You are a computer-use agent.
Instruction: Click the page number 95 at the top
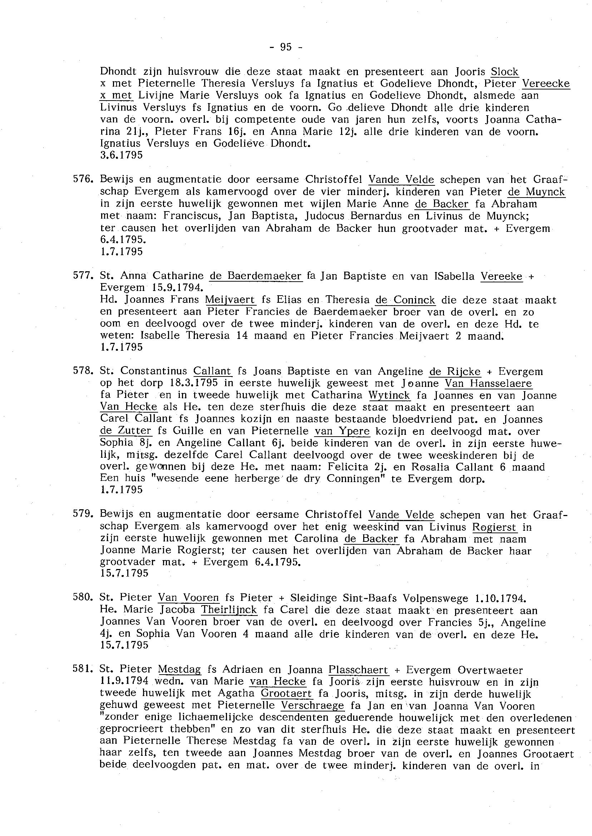tap(286, 47)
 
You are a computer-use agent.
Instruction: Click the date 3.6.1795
tap(122, 155)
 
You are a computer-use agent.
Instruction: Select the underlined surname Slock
tap(504, 72)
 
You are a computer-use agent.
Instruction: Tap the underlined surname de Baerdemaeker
tap(256, 276)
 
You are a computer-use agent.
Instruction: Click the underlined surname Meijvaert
tap(230, 300)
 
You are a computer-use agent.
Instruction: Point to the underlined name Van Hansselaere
tap(488, 383)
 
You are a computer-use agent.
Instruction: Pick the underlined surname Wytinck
tap(389, 395)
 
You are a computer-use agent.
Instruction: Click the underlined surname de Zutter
tap(125, 431)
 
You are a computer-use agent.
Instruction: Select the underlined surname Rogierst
tap(494, 527)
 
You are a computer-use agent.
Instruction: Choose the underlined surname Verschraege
tap(312, 706)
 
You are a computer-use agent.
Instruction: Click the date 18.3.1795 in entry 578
tap(193, 383)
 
